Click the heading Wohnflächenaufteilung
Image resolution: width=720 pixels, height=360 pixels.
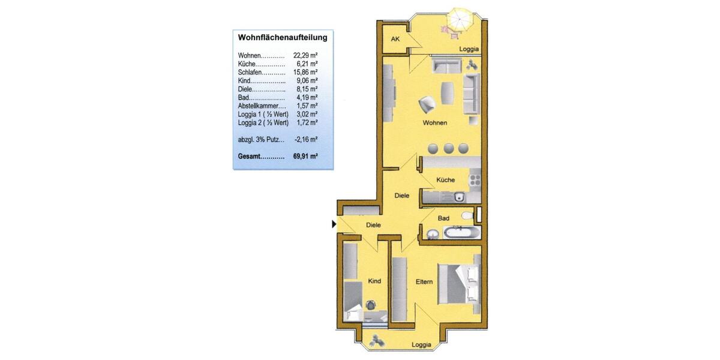[x=282, y=37]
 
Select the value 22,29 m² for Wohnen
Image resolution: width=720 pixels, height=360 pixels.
[x=305, y=55]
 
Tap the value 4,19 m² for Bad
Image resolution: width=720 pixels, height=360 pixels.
[x=306, y=97]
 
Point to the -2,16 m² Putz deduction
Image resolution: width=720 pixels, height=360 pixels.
[x=305, y=139]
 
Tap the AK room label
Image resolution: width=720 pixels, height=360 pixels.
[x=395, y=39]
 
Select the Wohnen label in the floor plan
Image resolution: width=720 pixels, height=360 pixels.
[x=434, y=122]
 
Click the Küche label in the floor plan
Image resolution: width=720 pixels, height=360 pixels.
[x=445, y=179]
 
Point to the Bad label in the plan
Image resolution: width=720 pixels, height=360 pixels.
[x=443, y=218]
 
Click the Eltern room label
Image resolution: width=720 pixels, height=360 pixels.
[x=424, y=281]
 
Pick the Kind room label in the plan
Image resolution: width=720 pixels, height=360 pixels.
[x=374, y=281]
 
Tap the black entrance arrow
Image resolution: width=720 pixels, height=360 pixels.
[x=334, y=224]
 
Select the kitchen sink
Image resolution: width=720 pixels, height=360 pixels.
[x=458, y=197]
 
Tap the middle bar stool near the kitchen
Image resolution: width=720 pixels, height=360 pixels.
[x=448, y=149]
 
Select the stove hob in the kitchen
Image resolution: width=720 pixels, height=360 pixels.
[x=475, y=178]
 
